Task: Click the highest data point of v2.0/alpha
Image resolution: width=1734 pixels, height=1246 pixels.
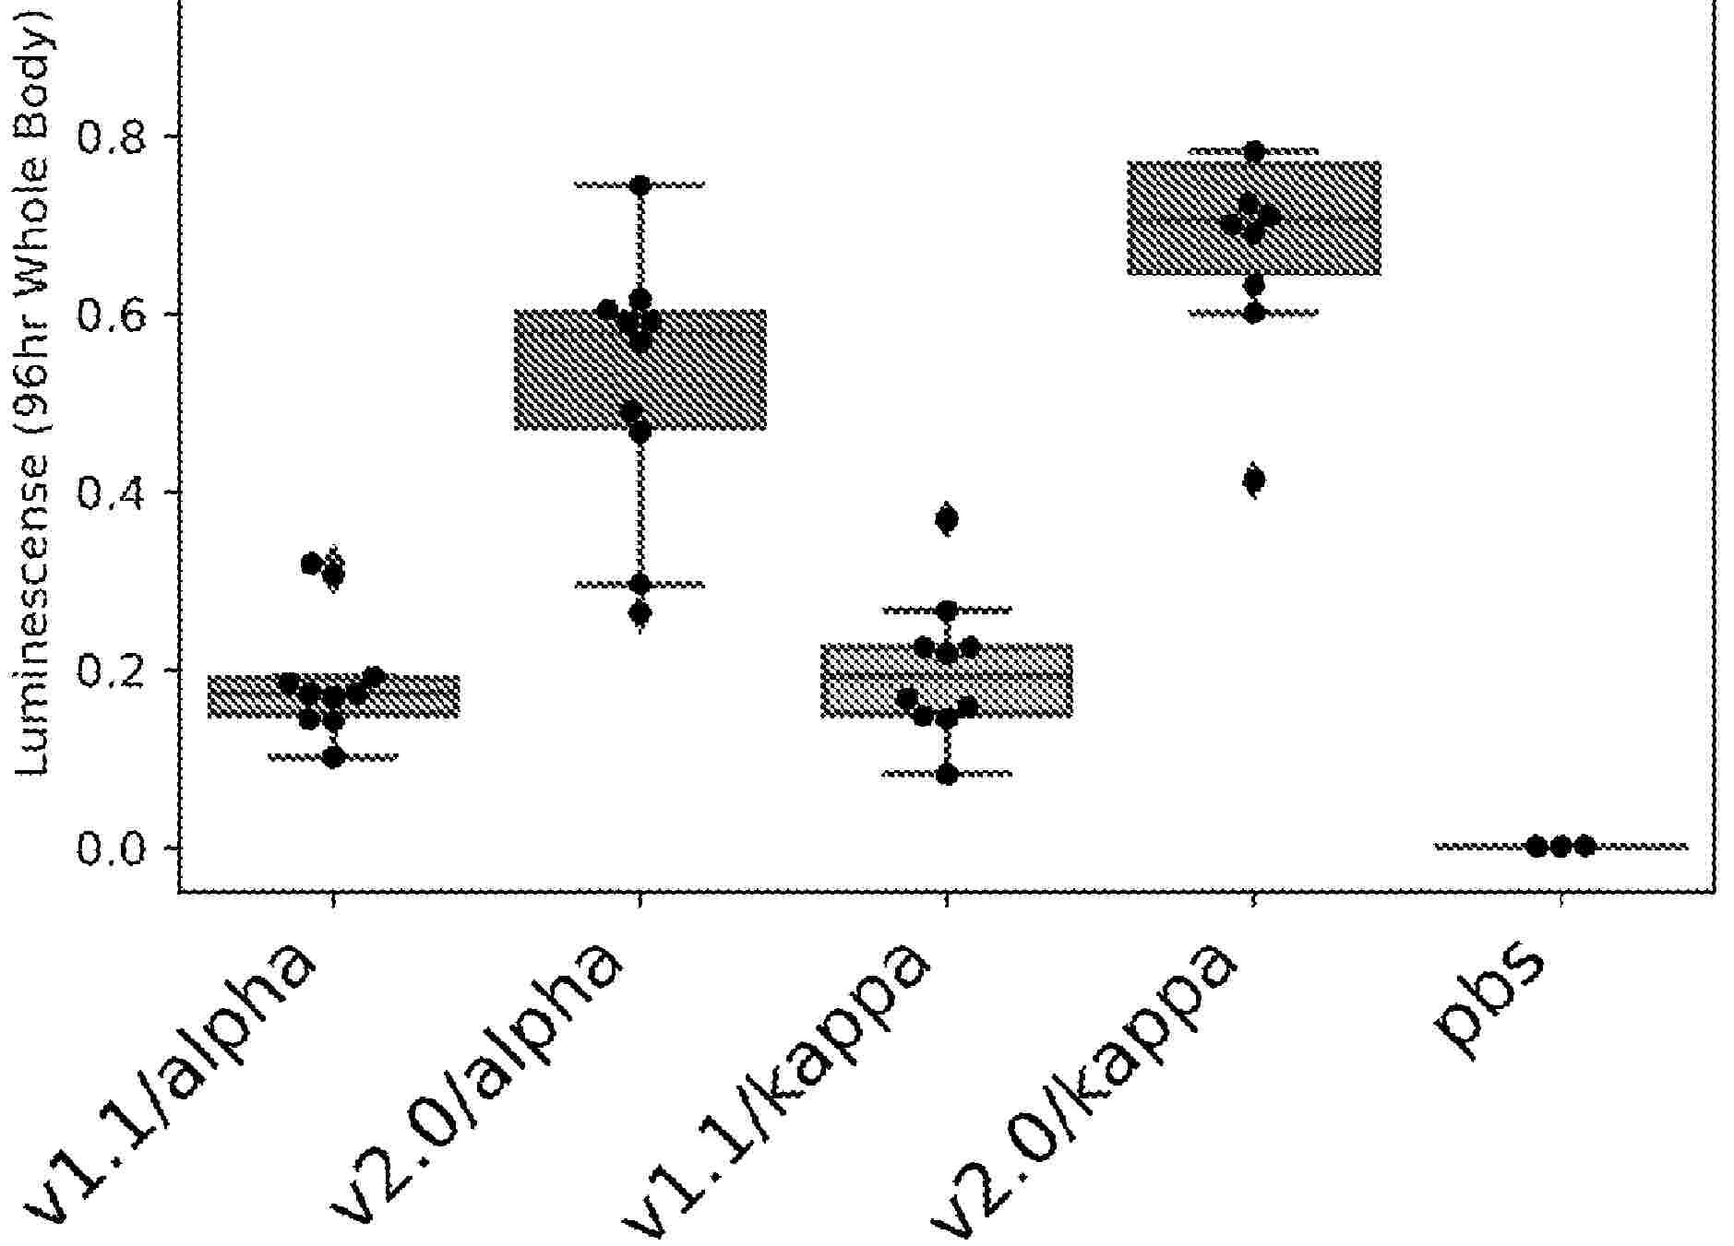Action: pyautogui.click(x=640, y=185)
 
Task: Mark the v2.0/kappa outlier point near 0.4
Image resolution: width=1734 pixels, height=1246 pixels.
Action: pyautogui.click(x=1253, y=480)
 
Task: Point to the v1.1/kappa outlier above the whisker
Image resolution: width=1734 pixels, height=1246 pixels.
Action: pyautogui.click(x=947, y=520)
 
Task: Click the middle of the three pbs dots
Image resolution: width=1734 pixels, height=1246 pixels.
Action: pyautogui.click(x=1561, y=846)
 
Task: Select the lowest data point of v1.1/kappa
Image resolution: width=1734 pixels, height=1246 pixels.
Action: pyautogui.click(x=947, y=775)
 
